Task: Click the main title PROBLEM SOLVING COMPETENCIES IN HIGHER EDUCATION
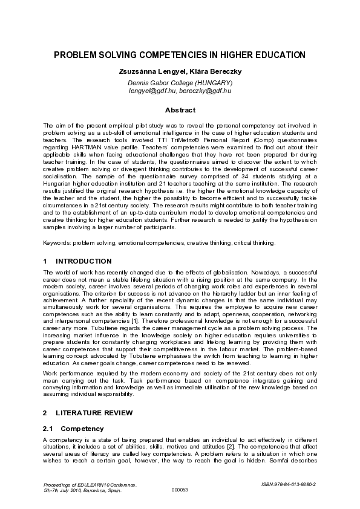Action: click(180, 55)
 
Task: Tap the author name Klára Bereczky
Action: click(210, 72)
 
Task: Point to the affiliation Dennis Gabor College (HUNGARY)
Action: click(180, 83)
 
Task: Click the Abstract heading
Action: click(180, 110)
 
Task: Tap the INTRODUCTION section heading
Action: click(83, 261)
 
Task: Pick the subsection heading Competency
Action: click(78, 428)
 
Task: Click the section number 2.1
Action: click(48, 428)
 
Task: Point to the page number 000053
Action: click(180, 490)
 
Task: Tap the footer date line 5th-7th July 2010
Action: click(83, 490)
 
